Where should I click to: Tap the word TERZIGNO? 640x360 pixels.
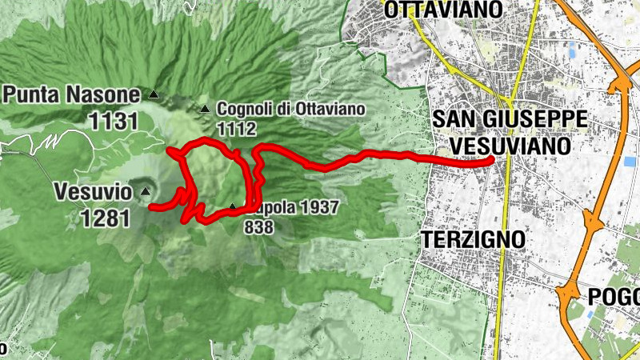point(473,239)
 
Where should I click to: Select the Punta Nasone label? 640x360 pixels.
point(71,95)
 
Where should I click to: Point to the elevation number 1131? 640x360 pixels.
point(114,122)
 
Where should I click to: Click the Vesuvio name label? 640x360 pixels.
point(92,192)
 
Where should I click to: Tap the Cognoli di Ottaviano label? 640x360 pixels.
point(290,108)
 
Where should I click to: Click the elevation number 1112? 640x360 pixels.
point(235,128)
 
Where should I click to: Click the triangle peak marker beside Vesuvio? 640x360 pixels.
point(145,191)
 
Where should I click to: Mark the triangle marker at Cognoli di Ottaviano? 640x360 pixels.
point(204,108)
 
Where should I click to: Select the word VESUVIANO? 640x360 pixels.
point(510,146)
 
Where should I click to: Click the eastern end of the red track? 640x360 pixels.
point(490,161)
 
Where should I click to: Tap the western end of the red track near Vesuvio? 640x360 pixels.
point(152,206)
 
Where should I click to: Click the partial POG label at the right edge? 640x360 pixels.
point(614,297)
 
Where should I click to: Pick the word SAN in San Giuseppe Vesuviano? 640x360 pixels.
point(451,119)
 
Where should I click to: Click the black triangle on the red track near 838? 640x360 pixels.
point(232,206)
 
